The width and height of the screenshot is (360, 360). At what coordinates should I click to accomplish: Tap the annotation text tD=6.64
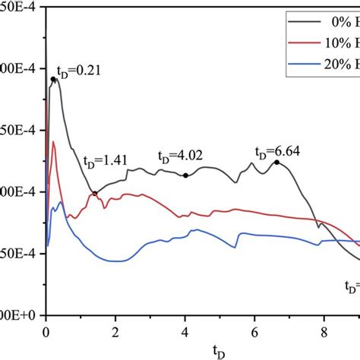(277, 150)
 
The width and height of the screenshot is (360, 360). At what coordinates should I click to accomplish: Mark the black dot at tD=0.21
(53, 79)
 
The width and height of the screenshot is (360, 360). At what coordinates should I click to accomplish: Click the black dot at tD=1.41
(95, 193)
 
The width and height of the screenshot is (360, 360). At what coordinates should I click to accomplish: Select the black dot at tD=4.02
(185, 175)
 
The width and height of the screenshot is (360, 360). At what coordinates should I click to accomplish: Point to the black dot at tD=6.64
(276, 162)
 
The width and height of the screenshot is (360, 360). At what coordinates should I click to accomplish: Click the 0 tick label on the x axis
(46, 332)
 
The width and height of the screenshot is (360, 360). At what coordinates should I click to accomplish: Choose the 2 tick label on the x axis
(115, 332)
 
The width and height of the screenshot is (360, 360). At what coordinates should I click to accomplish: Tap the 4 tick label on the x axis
(185, 332)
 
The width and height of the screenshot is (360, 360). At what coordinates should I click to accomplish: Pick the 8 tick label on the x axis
(324, 332)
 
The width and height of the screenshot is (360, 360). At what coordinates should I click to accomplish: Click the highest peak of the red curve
(53, 141)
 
